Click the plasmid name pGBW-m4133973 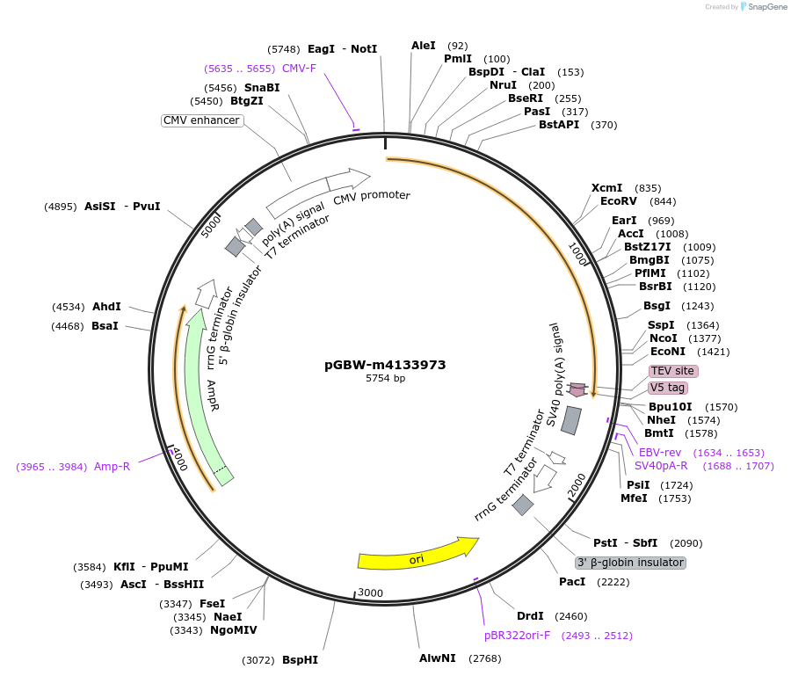385,365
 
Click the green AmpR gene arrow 204,396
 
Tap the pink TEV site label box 673,371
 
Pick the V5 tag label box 668,388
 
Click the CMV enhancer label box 201,120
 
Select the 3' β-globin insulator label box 630,563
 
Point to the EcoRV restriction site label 619,201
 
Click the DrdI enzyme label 530,616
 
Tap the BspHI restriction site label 300,659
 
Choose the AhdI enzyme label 106,307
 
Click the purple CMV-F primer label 299,68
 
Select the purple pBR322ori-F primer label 517,635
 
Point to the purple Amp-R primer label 112,466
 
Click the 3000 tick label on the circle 371,593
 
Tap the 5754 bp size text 385,379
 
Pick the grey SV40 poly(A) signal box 571,420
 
